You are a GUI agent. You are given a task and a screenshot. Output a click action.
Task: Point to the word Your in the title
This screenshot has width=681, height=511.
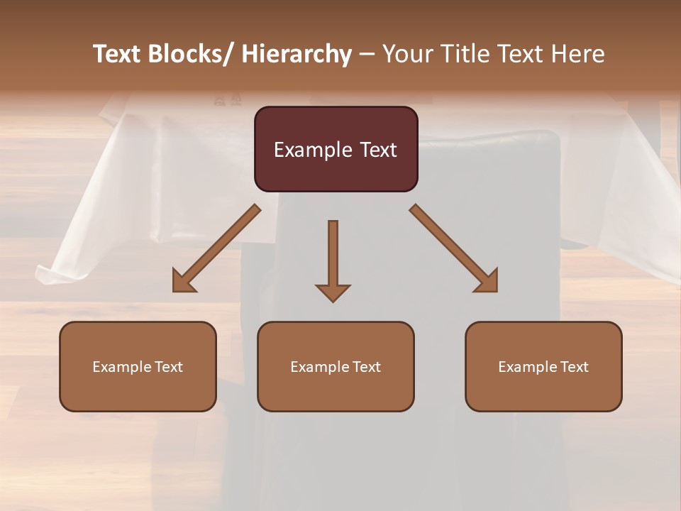tap(406, 55)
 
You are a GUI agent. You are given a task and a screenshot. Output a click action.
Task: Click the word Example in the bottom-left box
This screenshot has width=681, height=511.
tap(121, 367)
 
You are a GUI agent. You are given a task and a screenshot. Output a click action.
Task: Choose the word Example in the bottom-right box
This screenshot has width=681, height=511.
tap(527, 367)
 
